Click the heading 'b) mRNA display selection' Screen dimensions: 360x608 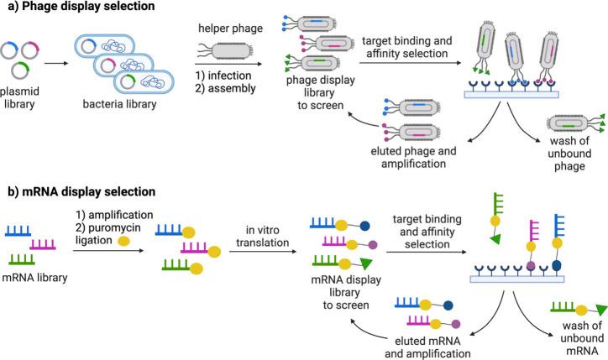point(76,192)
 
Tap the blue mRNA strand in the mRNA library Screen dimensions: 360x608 point(22,228)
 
